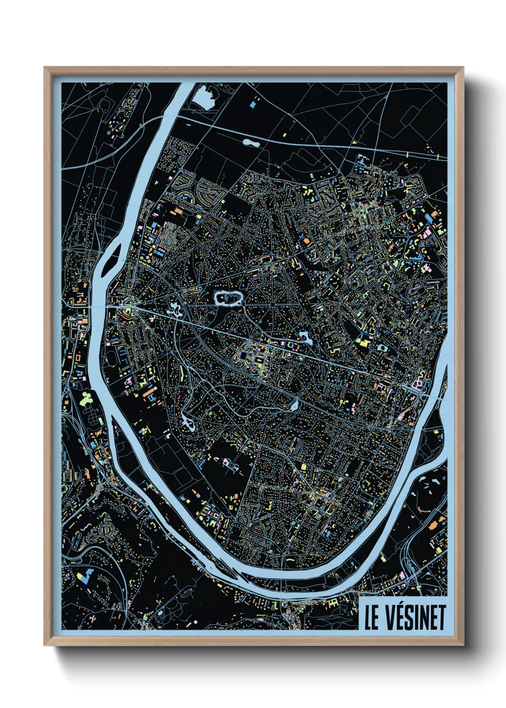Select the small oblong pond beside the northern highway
(249, 142)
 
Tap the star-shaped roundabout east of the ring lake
(272, 303)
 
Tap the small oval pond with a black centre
(382, 348)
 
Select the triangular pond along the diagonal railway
(293, 406)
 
